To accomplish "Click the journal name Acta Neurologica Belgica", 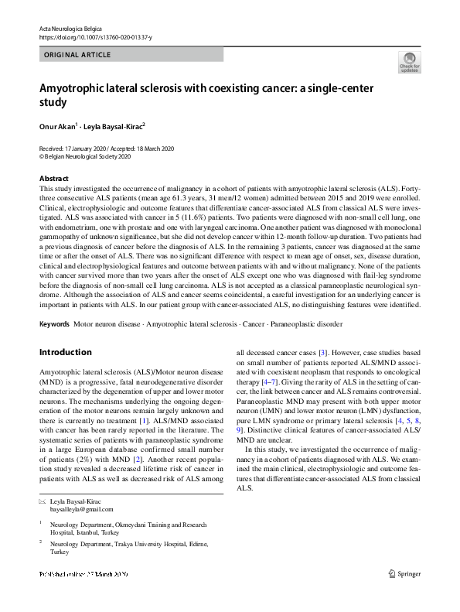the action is pos(74,28).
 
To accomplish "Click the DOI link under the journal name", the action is pos(95,37).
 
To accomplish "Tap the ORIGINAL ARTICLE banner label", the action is pos(78,55).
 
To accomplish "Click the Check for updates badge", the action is pos(409,62).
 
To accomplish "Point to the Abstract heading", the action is pos(53,178).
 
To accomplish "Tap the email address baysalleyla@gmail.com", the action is pos(81,509).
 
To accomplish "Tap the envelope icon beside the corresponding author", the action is pos(42,501).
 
